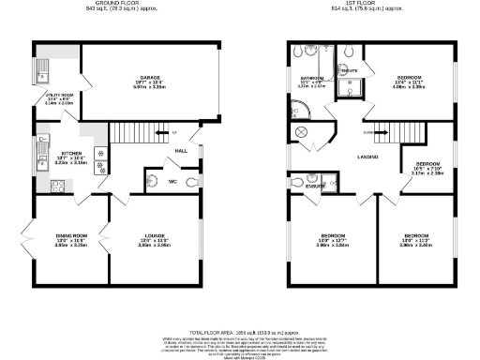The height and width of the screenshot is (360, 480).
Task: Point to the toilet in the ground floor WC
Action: click(x=191, y=182)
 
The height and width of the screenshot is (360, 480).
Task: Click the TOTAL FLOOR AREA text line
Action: click(x=240, y=333)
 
